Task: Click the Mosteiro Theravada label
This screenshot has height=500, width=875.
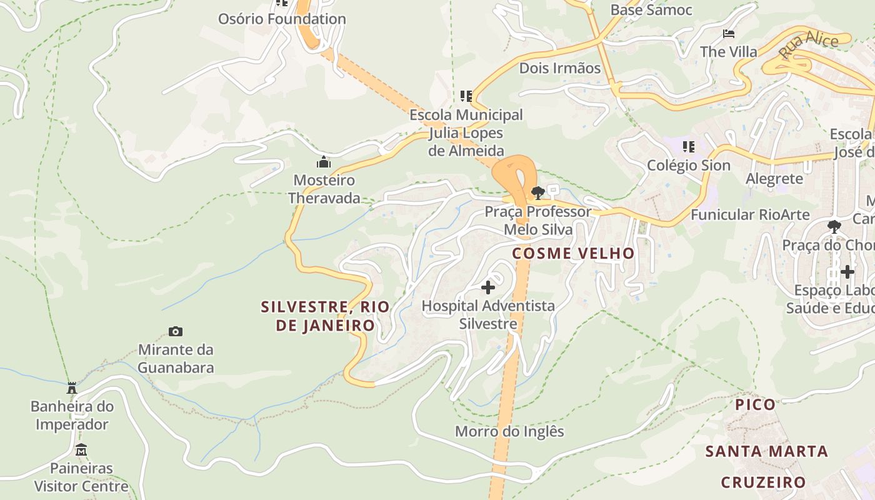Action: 324,189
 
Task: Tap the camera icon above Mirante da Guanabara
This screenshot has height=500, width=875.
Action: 176,331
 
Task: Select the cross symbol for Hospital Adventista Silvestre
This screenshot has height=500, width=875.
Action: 488,287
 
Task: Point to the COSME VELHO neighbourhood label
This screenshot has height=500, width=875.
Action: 573,253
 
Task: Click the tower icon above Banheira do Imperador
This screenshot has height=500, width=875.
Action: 72,388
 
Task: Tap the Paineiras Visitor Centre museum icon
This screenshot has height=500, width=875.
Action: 81,450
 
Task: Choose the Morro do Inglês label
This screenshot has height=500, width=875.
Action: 509,431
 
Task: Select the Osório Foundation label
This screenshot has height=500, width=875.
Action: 282,19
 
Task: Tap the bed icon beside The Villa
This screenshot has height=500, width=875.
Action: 728,33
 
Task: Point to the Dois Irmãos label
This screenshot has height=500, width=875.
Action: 560,68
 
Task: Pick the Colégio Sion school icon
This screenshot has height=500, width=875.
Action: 688,147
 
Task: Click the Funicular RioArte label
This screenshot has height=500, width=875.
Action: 750,214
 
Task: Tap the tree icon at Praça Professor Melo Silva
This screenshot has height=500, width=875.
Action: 537,192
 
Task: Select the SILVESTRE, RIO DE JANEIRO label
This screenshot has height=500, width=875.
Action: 325,316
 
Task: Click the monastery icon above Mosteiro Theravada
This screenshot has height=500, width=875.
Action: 324,162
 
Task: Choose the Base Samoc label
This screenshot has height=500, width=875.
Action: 651,10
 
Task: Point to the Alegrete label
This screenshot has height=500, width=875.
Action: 774,179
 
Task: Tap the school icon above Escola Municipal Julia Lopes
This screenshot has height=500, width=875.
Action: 466,96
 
